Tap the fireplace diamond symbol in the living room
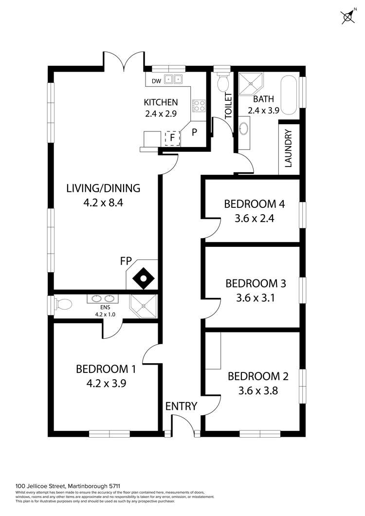(x=144, y=279)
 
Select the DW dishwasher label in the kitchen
(x=156, y=81)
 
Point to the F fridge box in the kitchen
(x=172, y=138)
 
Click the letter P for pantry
(x=194, y=132)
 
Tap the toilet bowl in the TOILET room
(x=223, y=83)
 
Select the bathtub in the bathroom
(x=290, y=95)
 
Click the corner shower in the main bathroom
(x=251, y=84)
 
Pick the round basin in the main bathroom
(x=244, y=129)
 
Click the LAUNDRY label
(x=289, y=148)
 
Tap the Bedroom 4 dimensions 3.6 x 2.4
(x=255, y=218)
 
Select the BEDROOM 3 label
(x=255, y=283)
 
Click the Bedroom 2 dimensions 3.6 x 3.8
(x=258, y=390)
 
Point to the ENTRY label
(x=181, y=406)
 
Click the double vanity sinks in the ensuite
(x=101, y=299)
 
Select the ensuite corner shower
(x=143, y=306)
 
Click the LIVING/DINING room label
(x=103, y=188)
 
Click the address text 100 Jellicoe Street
(x=41, y=486)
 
